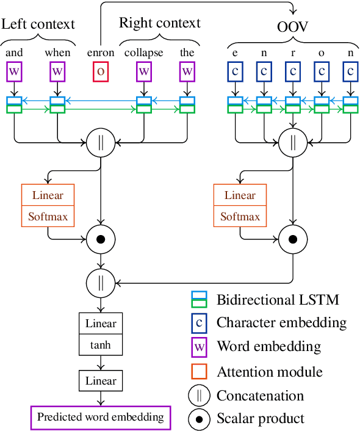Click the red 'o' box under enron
(x=100, y=71)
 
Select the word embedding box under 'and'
(x=14, y=71)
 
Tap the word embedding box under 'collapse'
(x=144, y=71)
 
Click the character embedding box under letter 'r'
(x=293, y=71)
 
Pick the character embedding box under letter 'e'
(x=236, y=71)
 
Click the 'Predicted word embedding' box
(x=101, y=418)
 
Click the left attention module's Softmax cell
(x=48, y=216)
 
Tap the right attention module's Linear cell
(x=240, y=195)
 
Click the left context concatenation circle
(x=101, y=143)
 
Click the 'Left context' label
(x=38, y=24)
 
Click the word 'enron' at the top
(x=100, y=53)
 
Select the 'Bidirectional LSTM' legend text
(x=278, y=300)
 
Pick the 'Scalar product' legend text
(x=261, y=418)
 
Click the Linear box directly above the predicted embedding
(x=101, y=381)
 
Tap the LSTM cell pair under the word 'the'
(x=187, y=104)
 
